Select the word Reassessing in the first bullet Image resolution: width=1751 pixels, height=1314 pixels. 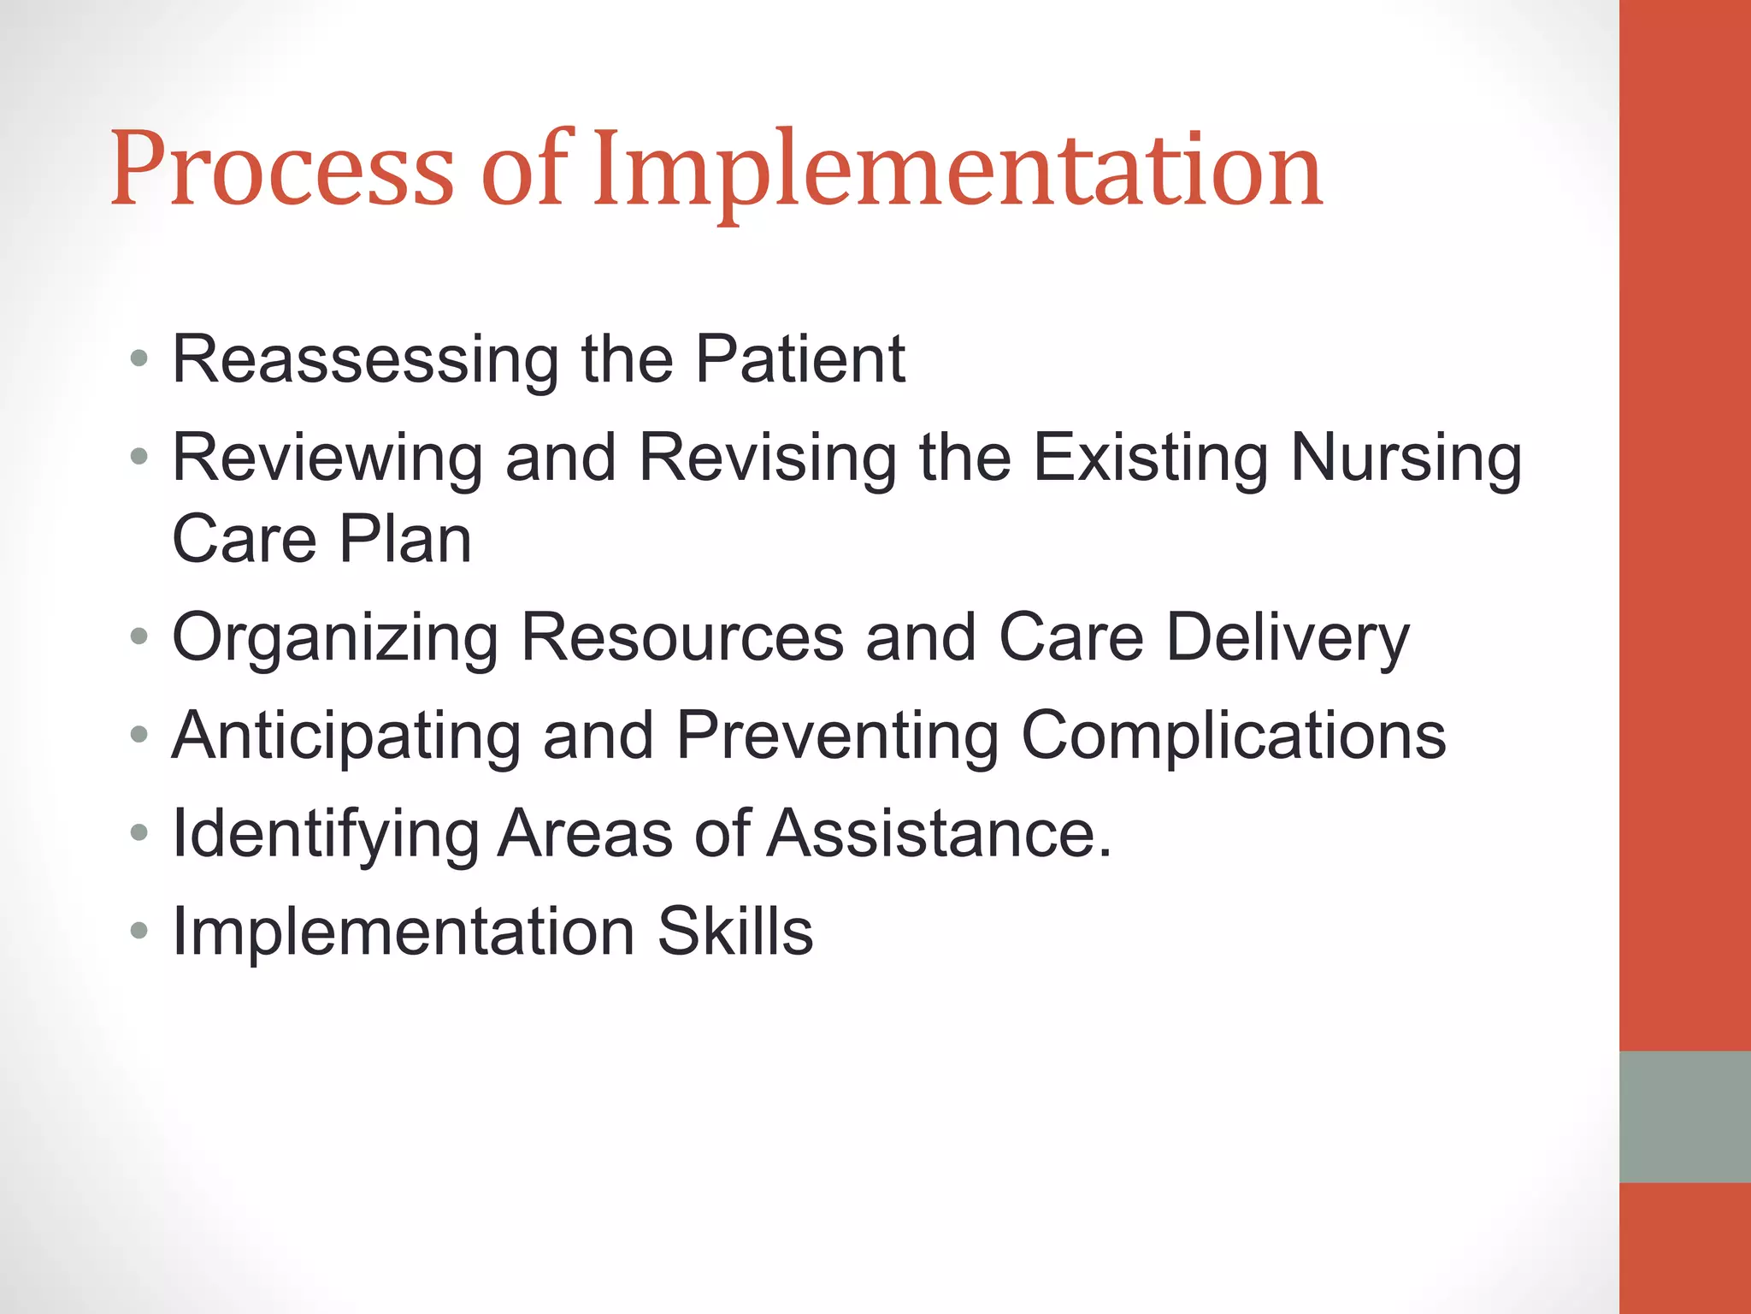click(365, 360)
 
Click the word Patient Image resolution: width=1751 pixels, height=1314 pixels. click(799, 358)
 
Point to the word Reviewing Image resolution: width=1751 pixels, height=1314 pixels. click(327, 459)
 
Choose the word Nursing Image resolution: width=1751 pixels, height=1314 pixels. click(1406, 459)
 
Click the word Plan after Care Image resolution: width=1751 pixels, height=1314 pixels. click(405, 540)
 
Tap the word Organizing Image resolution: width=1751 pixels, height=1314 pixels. click(335, 638)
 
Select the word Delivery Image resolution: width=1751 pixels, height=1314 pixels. click(1288, 638)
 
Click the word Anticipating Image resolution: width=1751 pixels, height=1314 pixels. click(346, 737)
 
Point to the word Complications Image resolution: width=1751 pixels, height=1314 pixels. click(1233, 737)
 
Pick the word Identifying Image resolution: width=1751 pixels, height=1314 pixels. click(326, 834)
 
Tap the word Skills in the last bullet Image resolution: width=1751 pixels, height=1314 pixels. click(734, 932)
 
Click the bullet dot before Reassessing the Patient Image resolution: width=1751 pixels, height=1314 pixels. click(139, 358)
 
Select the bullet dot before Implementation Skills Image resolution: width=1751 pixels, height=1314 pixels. click(139, 930)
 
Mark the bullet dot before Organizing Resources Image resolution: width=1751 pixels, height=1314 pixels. click(139, 636)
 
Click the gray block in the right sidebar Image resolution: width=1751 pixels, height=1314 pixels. click(1684, 1116)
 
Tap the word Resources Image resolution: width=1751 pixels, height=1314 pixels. click(682, 638)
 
